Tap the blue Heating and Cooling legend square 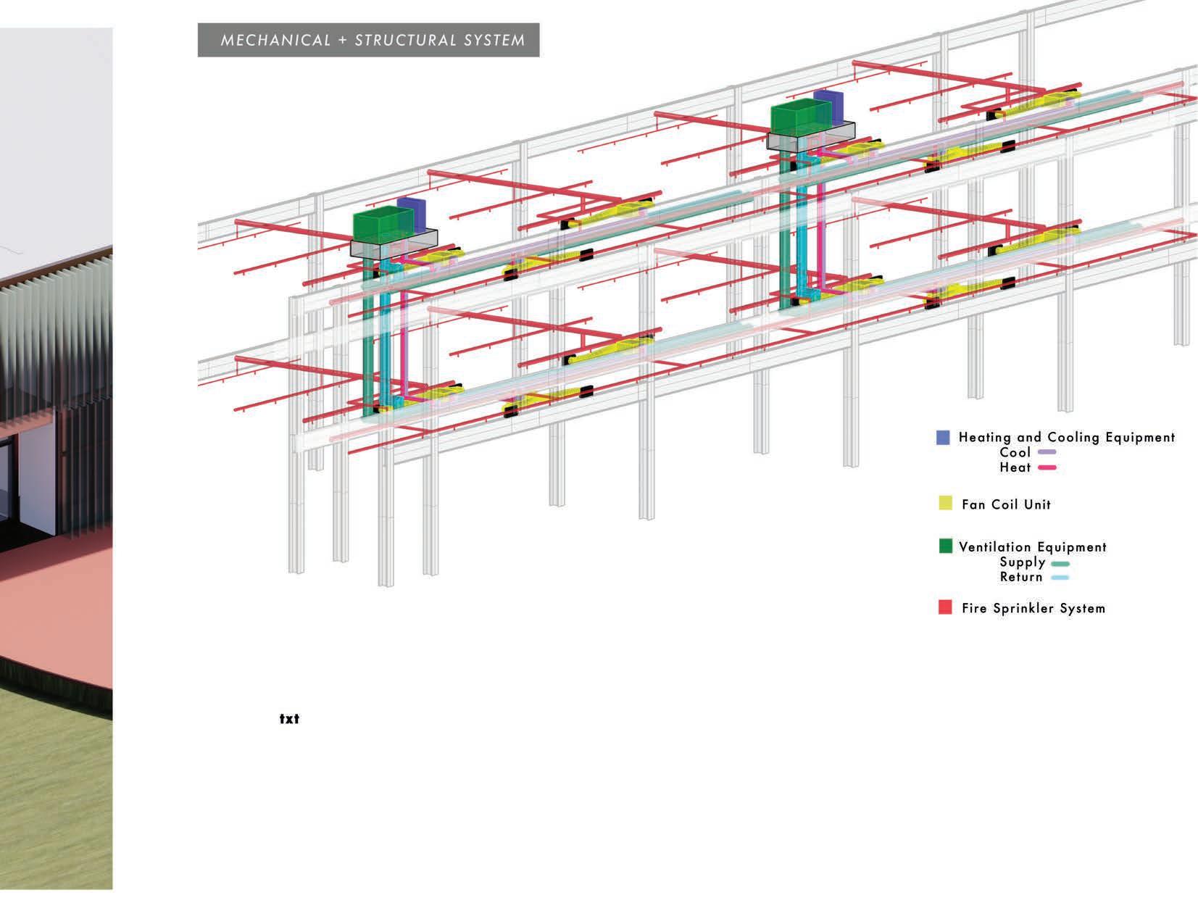[x=943, y=438]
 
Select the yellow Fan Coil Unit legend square [x=945, y=504]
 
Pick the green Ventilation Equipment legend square [x=945, y=546]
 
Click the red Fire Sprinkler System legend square [x=945, y=607]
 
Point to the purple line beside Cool [x=1047, y=453]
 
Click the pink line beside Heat [x=1047, y=468]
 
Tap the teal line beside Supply [x=1060, y=563]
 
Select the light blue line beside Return [x=1060, y=578]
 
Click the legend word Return [x=1020, y=578]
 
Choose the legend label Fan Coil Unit [x=1006, y=504]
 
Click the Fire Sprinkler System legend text [x=1033, y=608]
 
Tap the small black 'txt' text [x=289, y=720]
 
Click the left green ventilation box [x=375, y=225]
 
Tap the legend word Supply [x=1022, y=562]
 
